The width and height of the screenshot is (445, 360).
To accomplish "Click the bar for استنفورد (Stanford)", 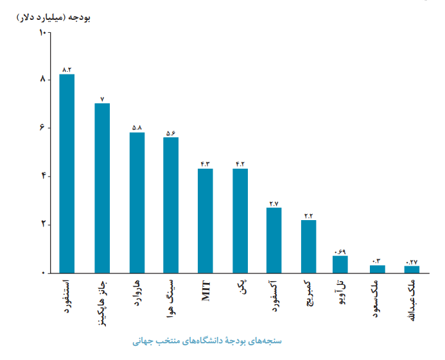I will [67, 173].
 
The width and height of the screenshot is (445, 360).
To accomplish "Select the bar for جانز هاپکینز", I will [102, 188].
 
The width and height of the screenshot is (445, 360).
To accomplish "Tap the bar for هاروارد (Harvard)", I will [137, 203].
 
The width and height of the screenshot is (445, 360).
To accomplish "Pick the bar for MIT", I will [205, 221].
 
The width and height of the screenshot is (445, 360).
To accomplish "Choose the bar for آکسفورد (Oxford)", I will [274, 240].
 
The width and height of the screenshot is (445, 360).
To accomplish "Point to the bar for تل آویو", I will [340, 264].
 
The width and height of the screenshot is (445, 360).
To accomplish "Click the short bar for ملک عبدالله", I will [412, 270].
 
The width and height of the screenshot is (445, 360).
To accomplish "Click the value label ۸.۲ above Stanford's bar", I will [67, 69].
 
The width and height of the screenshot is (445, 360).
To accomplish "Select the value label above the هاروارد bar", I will [137, 128].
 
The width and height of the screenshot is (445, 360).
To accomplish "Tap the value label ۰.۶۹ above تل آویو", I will [340, 251].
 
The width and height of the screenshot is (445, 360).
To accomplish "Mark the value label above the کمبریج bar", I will [309, 215].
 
